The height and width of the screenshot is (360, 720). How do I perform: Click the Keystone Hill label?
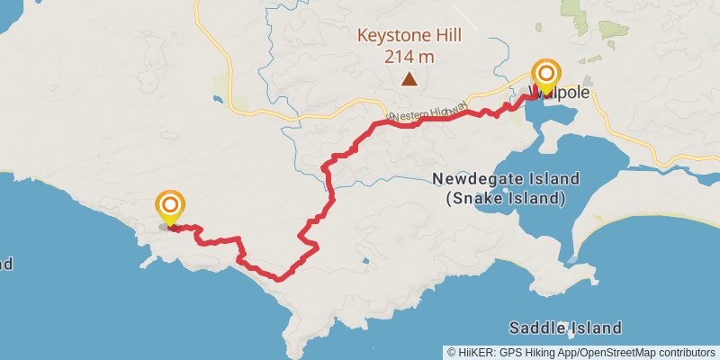[x=409, y=37]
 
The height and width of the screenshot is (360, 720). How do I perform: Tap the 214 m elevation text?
[x=409, y=57]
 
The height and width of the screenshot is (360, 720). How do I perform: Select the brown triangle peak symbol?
[x=409, y=79]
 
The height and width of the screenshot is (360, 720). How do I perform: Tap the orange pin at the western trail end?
[x=168, y=206]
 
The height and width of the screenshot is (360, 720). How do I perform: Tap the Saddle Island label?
[x=564, y=328]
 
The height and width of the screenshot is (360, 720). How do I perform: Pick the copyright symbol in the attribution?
[x=451, y=352]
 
